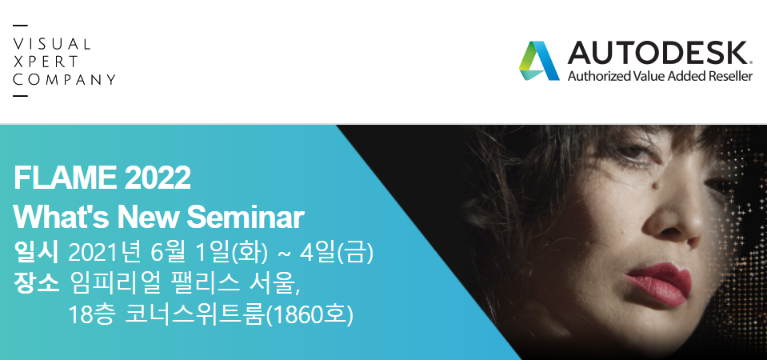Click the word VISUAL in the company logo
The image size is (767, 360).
point(52,44)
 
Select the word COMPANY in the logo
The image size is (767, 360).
point(64,79)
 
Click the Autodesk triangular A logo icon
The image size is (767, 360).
point(538,61)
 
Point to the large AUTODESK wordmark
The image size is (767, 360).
point(658,53)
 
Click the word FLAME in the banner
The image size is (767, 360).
point(65,178)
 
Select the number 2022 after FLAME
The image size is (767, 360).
point(158,178)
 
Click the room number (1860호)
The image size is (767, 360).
point(309,315)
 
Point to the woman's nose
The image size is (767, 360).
point(673,218)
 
